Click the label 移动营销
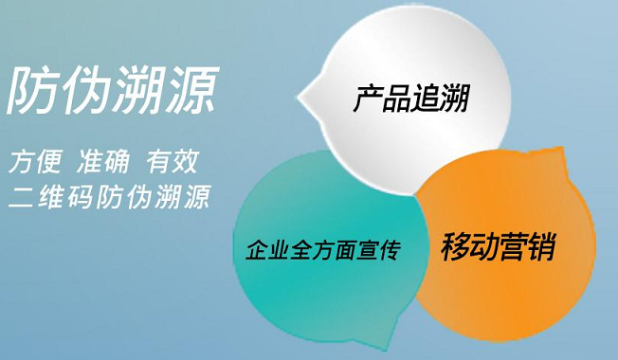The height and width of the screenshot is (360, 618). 497,248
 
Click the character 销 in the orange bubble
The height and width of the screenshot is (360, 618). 538,248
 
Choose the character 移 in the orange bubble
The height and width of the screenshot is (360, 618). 456,248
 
